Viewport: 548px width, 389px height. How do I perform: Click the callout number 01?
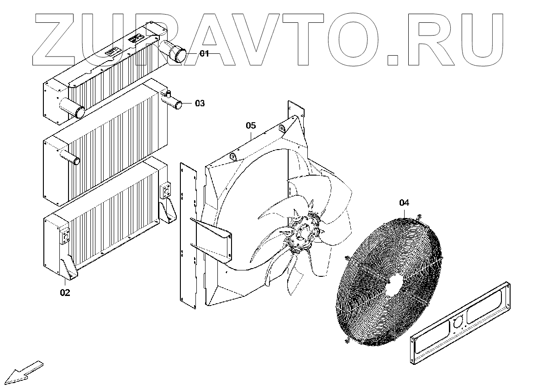pos(204,54)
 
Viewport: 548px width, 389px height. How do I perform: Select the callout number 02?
pos(65,292)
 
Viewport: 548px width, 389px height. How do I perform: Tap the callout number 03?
pos(200,104)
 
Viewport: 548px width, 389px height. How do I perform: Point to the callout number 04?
pos(404,203)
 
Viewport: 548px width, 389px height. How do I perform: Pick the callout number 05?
pos(251,125)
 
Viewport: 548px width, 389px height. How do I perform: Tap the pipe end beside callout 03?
pos(178,105)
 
